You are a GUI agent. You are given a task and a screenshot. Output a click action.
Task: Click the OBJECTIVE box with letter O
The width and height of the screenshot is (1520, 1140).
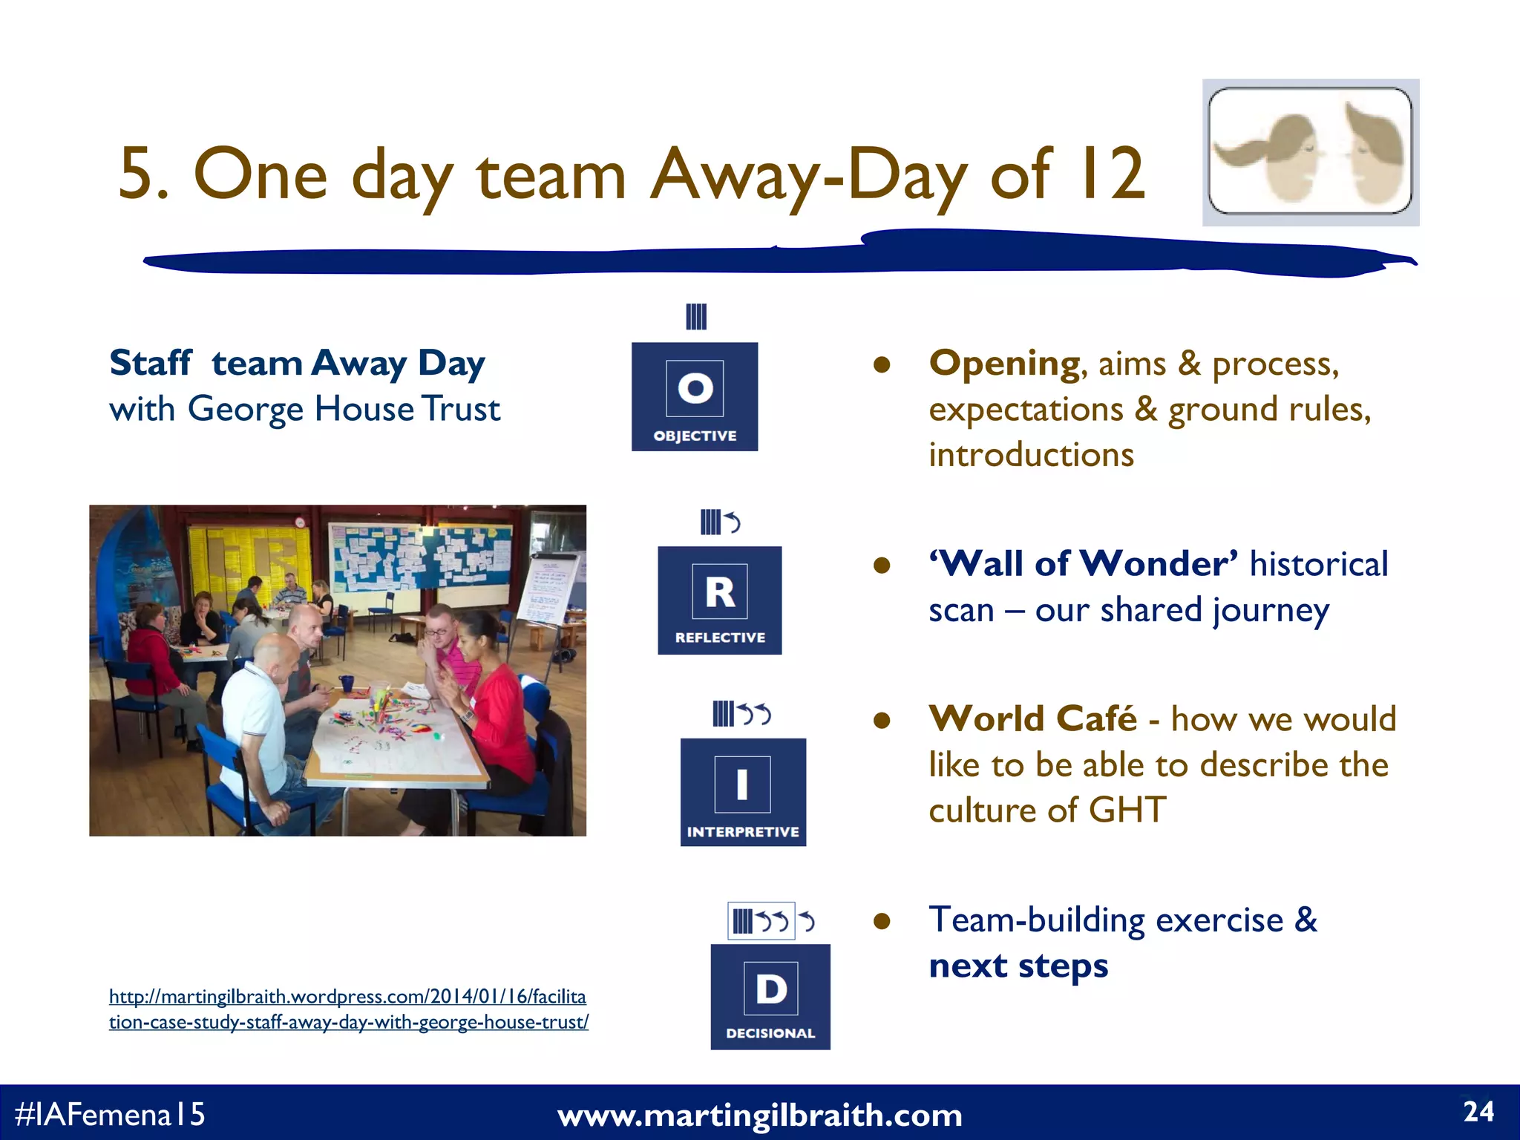(695, 396)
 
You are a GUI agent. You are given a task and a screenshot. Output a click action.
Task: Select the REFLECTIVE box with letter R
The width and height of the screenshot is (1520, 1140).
(719, 600)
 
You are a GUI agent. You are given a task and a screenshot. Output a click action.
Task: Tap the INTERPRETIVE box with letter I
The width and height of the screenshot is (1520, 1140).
(743, 792)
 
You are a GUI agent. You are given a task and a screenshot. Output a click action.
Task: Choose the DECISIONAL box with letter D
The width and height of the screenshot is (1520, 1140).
(770, 997)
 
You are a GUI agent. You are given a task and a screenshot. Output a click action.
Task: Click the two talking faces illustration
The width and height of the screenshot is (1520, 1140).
(1311, 152)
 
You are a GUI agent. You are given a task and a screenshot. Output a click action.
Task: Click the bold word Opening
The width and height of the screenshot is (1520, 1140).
(1004, 364)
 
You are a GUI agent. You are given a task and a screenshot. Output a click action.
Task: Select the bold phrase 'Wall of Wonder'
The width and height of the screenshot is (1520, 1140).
(1084, 564)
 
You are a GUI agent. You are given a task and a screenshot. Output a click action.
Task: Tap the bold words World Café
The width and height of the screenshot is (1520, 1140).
(1032, 719)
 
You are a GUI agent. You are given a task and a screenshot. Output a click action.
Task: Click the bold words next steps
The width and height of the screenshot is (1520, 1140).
(1018, 966)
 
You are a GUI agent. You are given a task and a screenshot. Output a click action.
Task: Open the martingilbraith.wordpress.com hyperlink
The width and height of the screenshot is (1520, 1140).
(348, 1009)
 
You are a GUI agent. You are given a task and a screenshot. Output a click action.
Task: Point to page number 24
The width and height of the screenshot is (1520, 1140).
(1478, 1112)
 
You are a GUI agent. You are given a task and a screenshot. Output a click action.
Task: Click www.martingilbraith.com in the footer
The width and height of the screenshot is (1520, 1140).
(759, 1116)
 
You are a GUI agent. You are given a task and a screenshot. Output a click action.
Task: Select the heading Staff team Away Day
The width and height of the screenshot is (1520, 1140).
(297, 364)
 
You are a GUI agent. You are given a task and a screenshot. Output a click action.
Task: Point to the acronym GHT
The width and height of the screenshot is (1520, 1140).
(1127, 810)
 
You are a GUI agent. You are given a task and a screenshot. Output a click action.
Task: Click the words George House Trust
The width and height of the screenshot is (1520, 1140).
(344, 409)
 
